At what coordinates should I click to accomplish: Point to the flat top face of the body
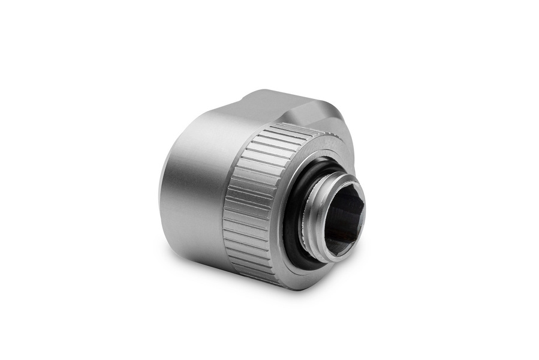[264, 102]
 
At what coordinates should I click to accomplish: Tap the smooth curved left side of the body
[186, 192]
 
